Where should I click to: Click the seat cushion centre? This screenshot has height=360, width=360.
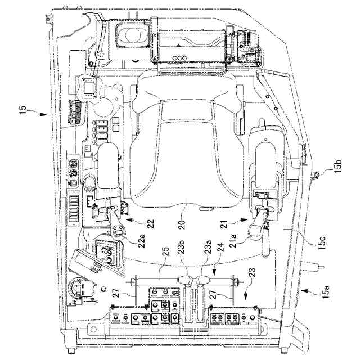pos(186,163)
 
